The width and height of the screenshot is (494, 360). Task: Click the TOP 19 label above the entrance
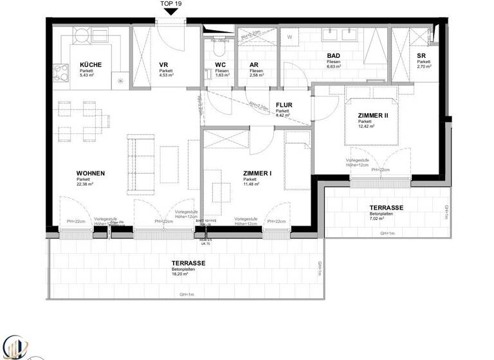[170, 3]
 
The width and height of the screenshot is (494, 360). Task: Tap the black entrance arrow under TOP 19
[170, 11]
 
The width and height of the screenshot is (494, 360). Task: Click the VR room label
[163, 65]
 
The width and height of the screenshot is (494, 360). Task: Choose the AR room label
[253, 65]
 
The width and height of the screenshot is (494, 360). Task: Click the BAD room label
[333, 56]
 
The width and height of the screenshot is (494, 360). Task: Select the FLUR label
[284, 104]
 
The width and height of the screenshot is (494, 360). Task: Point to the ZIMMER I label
[257, 174]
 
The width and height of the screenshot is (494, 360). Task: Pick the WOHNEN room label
[91, 174]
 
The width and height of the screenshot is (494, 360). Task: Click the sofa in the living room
[136, 164]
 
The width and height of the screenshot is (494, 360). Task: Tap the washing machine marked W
[289, 37]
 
